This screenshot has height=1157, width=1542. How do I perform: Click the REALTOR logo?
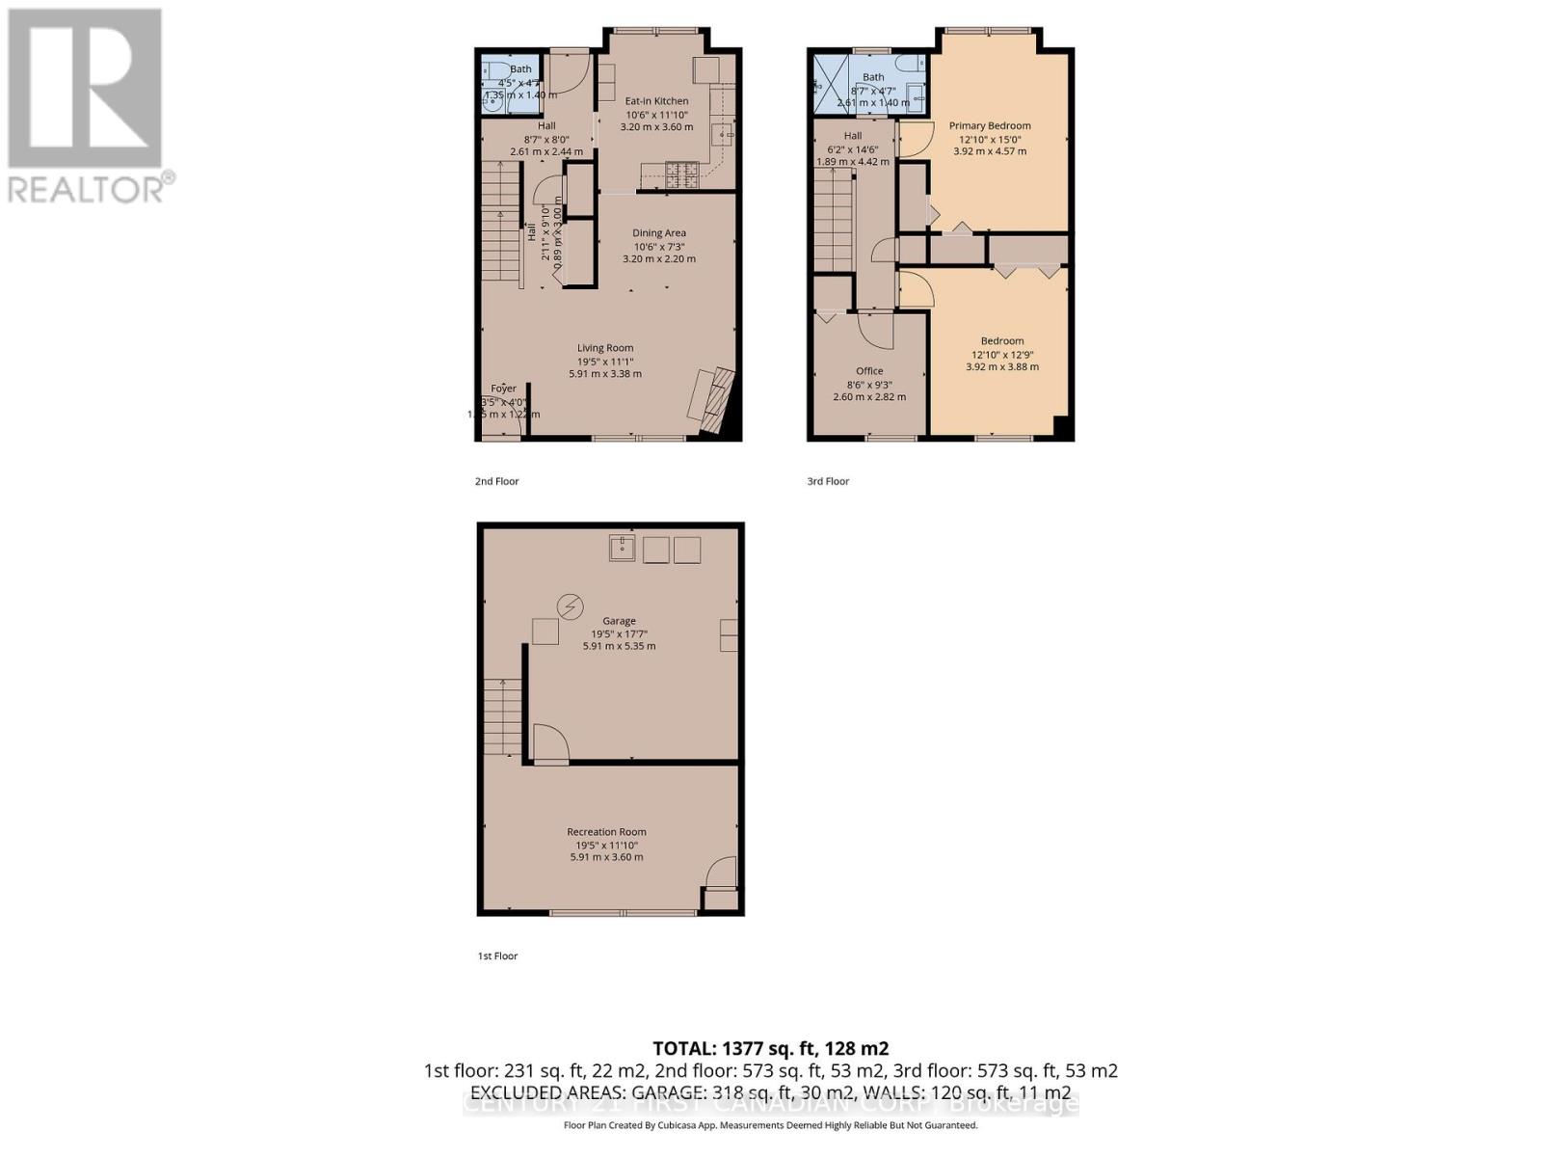point(87,106)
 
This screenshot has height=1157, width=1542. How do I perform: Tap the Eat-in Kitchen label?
point(656,101)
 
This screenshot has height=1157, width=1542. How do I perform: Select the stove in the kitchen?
point(683,175)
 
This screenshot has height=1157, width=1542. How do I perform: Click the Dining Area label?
point(659,233)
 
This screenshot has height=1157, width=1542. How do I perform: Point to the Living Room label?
point(605,348)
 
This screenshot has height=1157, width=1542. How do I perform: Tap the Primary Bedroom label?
point(990,126)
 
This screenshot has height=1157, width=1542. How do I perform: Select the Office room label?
point(869,371)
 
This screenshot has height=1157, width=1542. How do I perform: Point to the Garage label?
point(619,622)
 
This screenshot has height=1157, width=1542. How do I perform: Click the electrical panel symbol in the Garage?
point(571,606)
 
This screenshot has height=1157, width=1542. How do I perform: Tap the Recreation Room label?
point(606,832)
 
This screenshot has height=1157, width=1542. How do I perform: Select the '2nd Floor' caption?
point(496,481)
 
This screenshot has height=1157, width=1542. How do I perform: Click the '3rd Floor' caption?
point(828,481)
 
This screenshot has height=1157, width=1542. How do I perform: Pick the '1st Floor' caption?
point(497,956)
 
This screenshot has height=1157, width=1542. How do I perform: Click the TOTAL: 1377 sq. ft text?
point(770,1048)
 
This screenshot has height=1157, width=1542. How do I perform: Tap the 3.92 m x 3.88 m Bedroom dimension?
point(1002,366)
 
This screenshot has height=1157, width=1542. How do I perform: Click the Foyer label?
point(503,389)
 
